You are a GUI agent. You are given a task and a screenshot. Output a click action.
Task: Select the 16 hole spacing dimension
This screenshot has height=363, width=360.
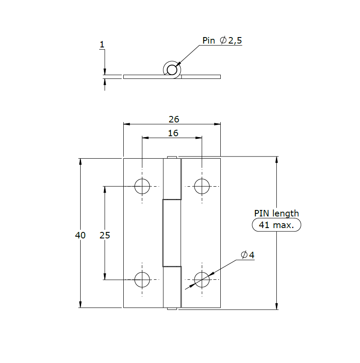(x=173, y=133)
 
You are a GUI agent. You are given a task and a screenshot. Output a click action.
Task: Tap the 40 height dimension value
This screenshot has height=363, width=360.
(x=80, y=235)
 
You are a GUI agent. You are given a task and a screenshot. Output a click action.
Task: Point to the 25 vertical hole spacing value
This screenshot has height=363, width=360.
(x=105, y=235)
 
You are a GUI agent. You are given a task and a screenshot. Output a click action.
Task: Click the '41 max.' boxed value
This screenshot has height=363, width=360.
(x=276, y=225)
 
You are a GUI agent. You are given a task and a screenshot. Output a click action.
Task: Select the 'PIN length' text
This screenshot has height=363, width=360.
(x=276, y=213)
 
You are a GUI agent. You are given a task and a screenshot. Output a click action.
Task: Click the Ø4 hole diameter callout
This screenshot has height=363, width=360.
(x=247, y=255)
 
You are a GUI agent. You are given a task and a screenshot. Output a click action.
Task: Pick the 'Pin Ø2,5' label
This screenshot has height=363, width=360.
(x=222, y=41)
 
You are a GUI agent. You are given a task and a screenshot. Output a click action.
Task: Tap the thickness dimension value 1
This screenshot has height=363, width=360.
(x=102, y=44)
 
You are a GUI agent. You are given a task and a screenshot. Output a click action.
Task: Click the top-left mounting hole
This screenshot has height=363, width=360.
(x=142, y=187)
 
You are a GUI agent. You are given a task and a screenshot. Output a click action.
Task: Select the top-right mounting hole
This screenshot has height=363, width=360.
(x=202, y=187)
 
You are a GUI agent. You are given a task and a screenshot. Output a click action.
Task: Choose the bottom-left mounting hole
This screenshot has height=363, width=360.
(x=142, y=280)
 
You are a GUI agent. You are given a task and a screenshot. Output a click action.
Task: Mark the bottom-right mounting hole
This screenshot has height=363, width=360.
(x=202, y=280)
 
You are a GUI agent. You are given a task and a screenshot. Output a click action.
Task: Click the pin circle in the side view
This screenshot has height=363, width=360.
(x=172, y=69)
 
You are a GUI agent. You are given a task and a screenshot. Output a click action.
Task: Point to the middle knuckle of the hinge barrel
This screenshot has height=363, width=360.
(x=171, y=233)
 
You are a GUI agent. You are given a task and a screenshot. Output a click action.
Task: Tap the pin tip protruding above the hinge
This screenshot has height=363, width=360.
(x=172, y=157)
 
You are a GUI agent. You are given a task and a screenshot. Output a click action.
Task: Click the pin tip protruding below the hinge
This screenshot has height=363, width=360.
(x=172, y=309)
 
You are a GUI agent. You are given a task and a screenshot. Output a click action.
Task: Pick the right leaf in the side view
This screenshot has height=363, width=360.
(x=201, y=77)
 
